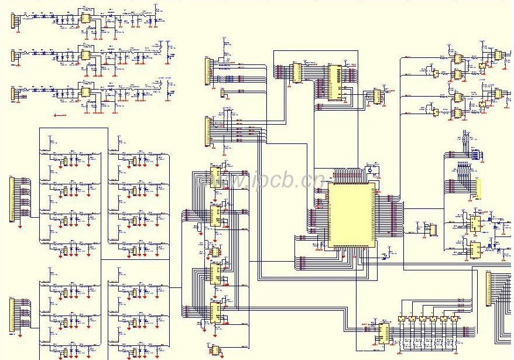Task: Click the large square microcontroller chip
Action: tap(351, 214)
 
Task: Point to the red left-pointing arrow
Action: tap(59, 115)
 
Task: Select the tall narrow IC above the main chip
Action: tap(334, 83)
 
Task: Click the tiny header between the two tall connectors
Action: tap(222, 93)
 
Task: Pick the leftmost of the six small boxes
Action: tap(401, 318)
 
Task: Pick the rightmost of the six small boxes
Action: tap(454, 318)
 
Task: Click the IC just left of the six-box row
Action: tap(383, 333)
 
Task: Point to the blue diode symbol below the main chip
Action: tap(384, 256)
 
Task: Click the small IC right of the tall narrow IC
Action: tap(376, 97)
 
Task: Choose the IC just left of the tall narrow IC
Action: tap(297, 73)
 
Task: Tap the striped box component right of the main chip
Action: tap(433, 229)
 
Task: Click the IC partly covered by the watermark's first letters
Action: tap(215, 177)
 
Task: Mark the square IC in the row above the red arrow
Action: tap(85, 92)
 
